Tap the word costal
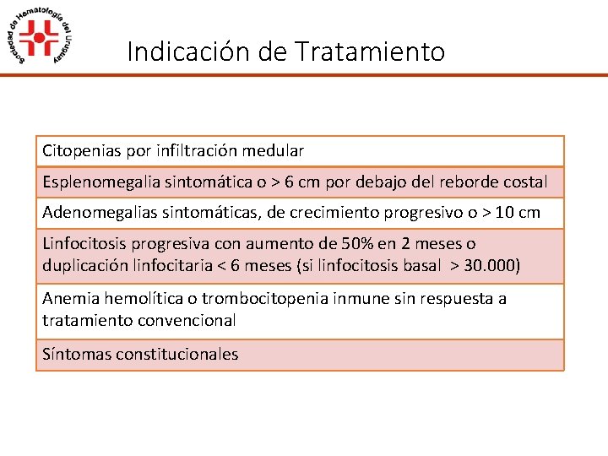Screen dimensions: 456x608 pos(524,182)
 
